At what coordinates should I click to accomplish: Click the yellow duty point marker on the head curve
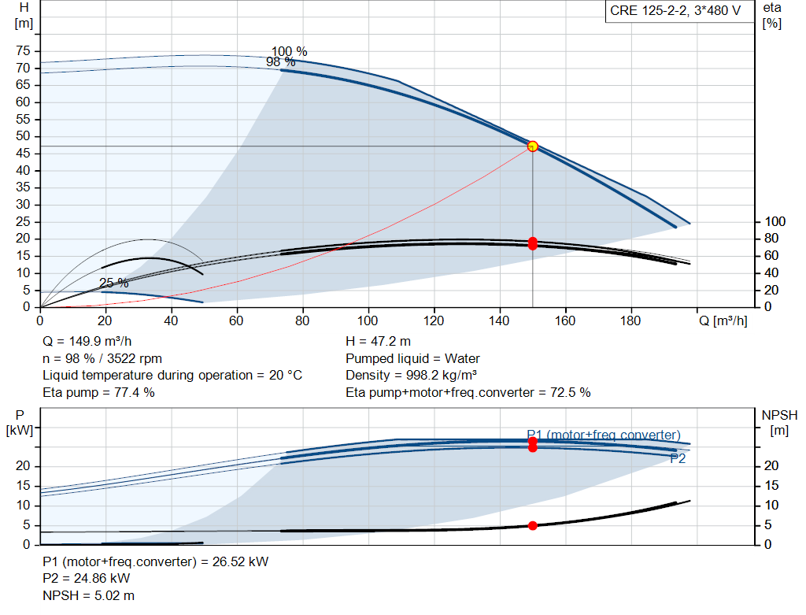pos(533,146)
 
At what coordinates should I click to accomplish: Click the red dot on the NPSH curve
pos(533,525)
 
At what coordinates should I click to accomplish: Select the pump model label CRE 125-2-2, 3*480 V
pos(675,11)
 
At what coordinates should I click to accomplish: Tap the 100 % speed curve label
pos(290,51)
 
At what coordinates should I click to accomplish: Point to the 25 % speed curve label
pos(113,283)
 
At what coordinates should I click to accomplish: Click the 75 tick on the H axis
pos(23,50)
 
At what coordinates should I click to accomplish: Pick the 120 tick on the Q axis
pos(434,320)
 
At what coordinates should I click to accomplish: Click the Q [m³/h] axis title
pos(723,320)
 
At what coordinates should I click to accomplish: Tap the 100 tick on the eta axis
pos(775,221)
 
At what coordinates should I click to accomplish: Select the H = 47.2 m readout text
pos(378,341)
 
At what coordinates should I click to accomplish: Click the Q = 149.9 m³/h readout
pos(87,341)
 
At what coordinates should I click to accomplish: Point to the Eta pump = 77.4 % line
pos(98,392)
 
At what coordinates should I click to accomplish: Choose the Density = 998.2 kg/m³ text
pos(411,375)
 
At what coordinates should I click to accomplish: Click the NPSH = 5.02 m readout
pos(88,595)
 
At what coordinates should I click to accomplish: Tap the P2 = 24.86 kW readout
pos(86,578)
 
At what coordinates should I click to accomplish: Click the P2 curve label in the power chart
pos(678,458)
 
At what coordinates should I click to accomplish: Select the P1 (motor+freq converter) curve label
pos(604,435)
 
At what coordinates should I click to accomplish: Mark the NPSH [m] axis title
pos(779,423)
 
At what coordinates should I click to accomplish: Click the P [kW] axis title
pos(20,423)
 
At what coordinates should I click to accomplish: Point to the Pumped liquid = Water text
pos(412,358)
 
